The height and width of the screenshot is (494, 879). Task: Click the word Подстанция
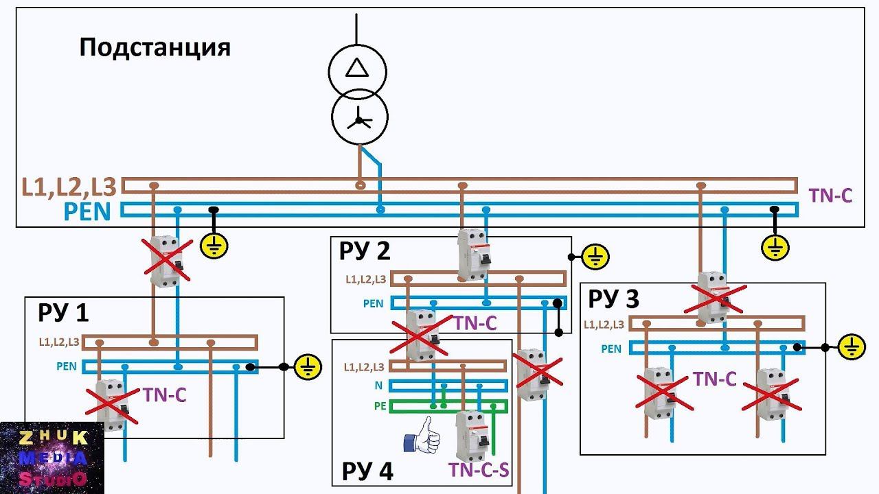click(155, 48)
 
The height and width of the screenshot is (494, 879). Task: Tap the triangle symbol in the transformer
click(356, 68)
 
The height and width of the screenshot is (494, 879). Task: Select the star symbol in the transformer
click(358, 121)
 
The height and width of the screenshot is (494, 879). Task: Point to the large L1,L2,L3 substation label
click(71, 187)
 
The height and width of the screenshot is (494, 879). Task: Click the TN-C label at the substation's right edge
click(830, 196)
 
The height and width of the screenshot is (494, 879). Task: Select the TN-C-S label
click(478, 470)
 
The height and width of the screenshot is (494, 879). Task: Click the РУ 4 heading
click(367, 471)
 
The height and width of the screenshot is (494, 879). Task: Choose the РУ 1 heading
click(63, 313)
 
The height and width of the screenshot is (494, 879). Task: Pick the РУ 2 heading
click(365, 251)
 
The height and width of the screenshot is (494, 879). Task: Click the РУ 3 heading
click(614, 299)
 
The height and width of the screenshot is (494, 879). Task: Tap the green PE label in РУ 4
click(380, 406)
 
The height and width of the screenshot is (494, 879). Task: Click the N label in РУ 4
click(378, 386)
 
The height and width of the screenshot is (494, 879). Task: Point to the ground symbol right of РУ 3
click(853, 347)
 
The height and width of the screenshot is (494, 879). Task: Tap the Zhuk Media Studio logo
click(52, 458)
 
